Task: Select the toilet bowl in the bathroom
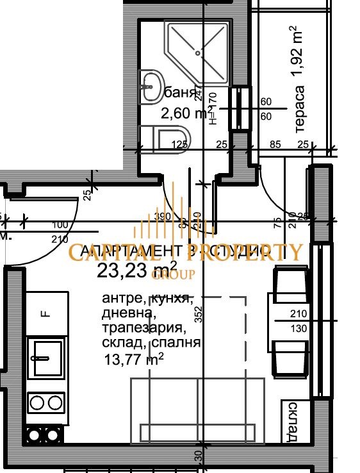coord(167,139)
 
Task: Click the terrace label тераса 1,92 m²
coord(297,80)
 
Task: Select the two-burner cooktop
coord(46,402)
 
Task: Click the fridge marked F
coord(45,313)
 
